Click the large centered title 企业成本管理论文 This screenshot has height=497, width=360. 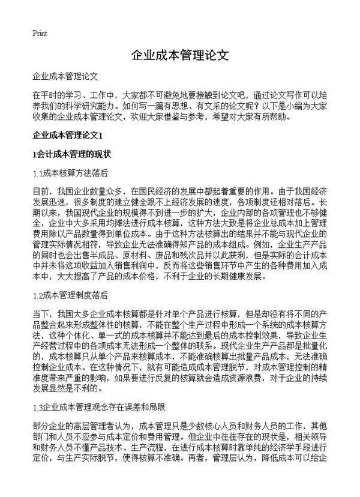[180, 56]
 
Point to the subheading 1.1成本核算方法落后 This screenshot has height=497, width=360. [70, 173]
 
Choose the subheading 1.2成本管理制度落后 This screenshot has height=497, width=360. [70, 295]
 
